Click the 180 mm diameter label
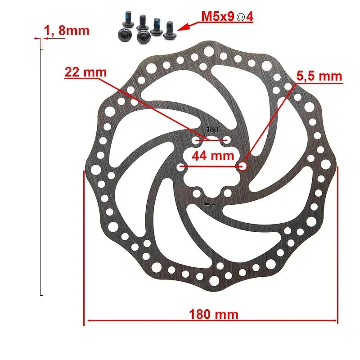[x=213, y=314]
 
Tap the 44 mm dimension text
[x=213, y=156]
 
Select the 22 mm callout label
[x=85, y=72]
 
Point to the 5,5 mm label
[x=319, y=76]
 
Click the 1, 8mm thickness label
[x=66, y=31]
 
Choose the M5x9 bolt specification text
[x=218, y=17]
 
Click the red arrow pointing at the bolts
[x=187, y=26]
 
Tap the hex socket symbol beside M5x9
[x=241, y=17]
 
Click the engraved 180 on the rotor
[x=212, y=130]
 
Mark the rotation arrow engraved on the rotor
[x=210, y=204]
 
